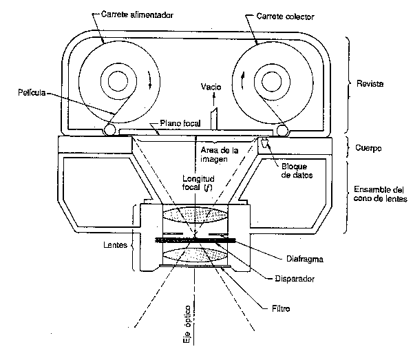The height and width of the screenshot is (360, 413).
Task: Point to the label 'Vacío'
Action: pos(211,87)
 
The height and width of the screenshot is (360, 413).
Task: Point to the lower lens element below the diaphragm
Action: pos(195,256)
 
